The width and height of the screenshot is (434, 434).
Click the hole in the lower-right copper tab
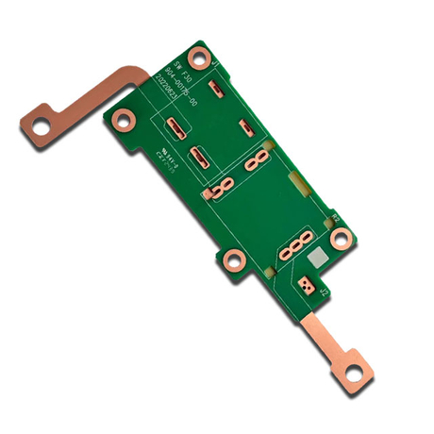pyautogui.click(x=353, y=373)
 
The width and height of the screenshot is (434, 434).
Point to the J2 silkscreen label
pyautogui.click(x=323, y=294)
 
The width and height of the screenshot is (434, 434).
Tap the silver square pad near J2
pyautogui.click(x=318, y=257)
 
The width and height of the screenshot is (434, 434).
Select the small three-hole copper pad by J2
pyautogui.click(x=306, y=282)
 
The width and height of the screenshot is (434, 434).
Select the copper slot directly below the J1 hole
pyautogui.click(x=216, y=88)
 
